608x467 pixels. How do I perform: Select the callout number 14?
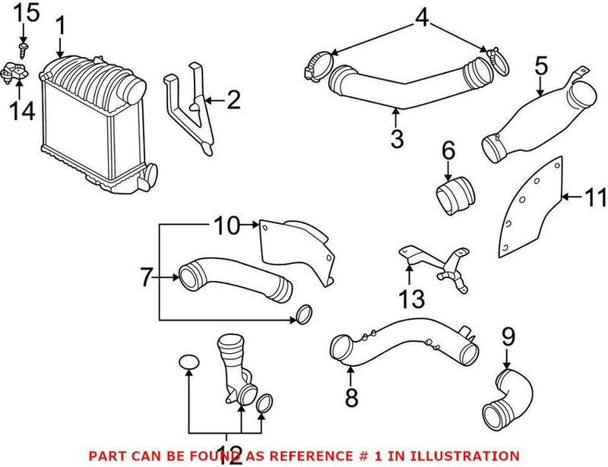click(23, 112)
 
